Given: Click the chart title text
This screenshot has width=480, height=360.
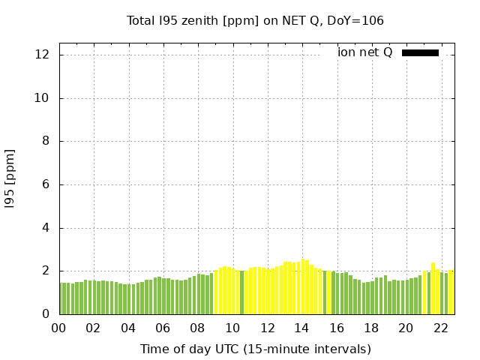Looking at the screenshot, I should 255,20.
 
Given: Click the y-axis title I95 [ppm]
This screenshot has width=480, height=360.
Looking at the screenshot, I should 10,178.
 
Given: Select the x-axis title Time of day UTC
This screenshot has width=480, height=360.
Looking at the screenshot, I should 255,349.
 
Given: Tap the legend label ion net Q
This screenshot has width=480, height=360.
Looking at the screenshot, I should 364,52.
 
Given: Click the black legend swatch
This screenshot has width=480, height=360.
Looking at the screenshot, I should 420,52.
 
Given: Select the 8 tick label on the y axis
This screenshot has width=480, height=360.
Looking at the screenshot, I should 46,142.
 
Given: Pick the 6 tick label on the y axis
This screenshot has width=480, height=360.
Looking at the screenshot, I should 46,184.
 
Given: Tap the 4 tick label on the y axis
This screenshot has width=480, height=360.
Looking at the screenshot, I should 46,228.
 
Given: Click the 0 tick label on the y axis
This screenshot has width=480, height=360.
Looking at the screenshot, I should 46,314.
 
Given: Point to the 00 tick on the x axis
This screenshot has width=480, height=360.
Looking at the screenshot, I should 58,328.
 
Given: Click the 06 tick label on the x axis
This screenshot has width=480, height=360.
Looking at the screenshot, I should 163,328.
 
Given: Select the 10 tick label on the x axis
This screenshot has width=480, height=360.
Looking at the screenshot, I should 232,328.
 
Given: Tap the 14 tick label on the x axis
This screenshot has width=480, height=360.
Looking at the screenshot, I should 301,328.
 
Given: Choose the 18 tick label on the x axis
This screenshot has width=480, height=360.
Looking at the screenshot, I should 371,328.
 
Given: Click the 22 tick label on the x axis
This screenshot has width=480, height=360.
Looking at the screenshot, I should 441,328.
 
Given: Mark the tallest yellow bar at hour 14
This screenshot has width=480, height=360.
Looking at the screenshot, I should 303,287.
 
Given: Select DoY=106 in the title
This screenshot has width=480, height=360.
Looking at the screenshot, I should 355,20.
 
